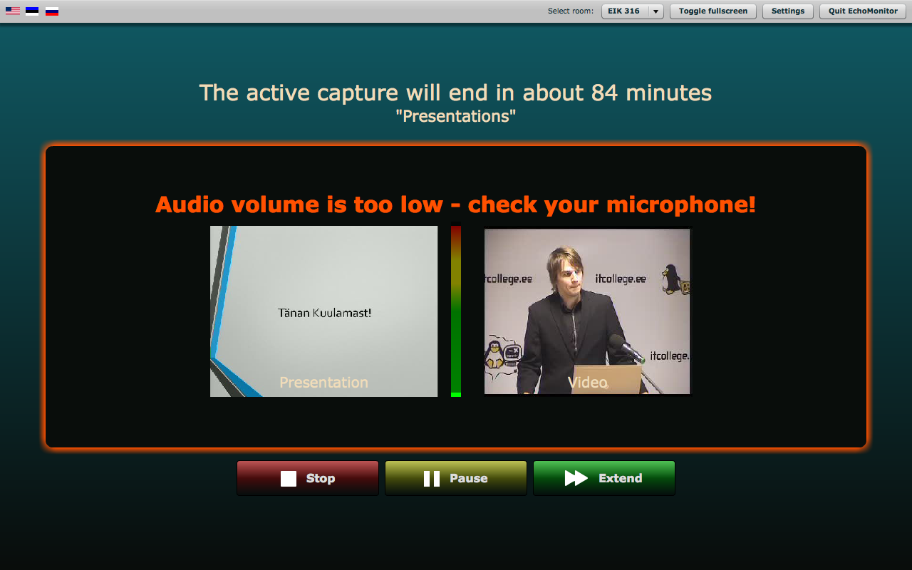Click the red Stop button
click(x=308, y=478)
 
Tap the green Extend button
click(x=604, y=478)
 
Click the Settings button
click(x=788, y=11)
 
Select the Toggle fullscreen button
click(x=713, y=11)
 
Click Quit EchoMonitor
click(x=863, y=11)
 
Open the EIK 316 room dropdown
click(x=633, y=11)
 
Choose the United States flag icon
click(x=13, y=11)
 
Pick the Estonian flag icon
click(x=32, y=11)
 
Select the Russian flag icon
click(x=52, y=11)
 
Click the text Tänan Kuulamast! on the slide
click(x=324, y=313)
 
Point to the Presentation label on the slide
click(x=323, y=383)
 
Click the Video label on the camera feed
click(x=588, y=383)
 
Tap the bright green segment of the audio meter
click(x=456, y=395)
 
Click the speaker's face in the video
click(x=569, y=274)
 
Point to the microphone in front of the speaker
click(x=626, y=348)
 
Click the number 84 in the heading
click(x=605, y=93)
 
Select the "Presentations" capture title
click(x=456, y=116)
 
